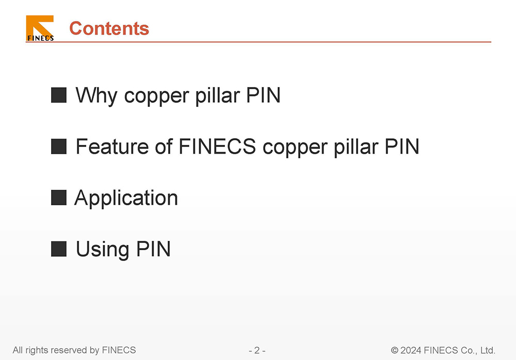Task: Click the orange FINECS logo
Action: click(x=40, y=28)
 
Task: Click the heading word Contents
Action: click(x=109, y=28)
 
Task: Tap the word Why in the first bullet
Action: click(x=96, y=96)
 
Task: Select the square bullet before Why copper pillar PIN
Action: click(x=59, y=95)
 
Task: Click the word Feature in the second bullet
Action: click(x=112, y=146)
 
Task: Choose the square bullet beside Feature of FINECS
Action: click(x=59, y=146)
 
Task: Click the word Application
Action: click(x=126, y=198)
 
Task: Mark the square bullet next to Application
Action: click(x=59, y=198)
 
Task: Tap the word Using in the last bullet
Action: click(x=102, y=250)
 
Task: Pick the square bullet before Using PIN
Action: click(x=59, y=249)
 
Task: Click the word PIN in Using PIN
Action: click(x=153, y=249)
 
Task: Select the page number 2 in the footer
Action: click(x=257, y=350)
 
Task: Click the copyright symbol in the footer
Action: click(x=394, y=350)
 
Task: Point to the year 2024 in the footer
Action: click(x=411, y=350)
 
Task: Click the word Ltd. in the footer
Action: click(x=488, y=350)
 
